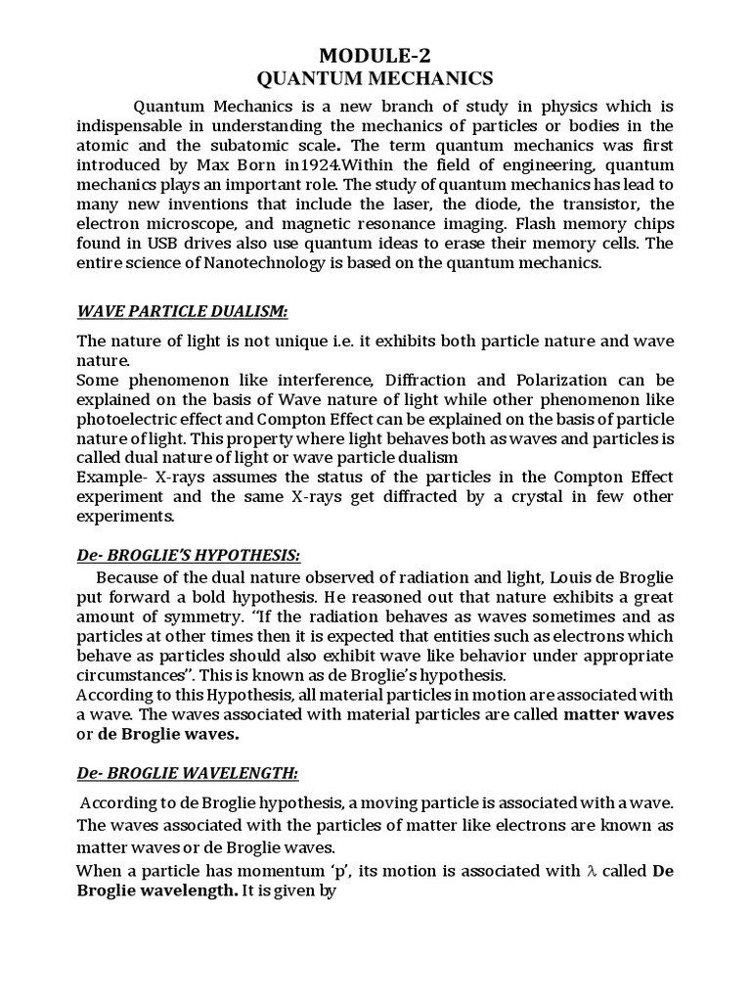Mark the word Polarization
click(x=564, y=380)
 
